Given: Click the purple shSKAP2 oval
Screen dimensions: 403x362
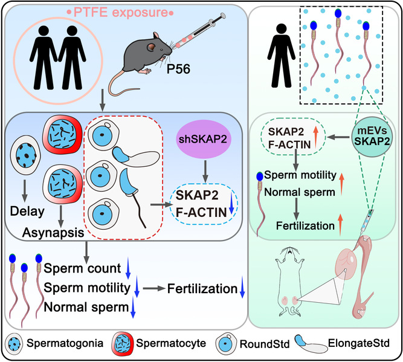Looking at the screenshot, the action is [203, 139].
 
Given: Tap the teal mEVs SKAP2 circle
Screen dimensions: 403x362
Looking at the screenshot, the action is [372, 137].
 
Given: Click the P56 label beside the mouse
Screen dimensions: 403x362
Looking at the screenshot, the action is [178, 69].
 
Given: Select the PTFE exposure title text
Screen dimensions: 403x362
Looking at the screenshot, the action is [120, 12].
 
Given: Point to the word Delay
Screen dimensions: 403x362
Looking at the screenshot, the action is [27, 212].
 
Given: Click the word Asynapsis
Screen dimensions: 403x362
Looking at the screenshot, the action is [53, 233].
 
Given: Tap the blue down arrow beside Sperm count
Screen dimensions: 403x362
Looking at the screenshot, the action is [128, 271].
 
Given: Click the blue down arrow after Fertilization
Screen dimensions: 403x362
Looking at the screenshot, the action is [242, 287].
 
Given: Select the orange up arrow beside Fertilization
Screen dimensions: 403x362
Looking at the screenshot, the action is [341, 225].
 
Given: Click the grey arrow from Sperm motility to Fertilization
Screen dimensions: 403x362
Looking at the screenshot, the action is [153, 288].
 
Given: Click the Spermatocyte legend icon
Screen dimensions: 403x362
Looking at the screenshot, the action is [123, 343].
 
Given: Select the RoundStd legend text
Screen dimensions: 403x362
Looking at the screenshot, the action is [265, 344].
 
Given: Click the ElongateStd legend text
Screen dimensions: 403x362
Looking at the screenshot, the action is [359, 343].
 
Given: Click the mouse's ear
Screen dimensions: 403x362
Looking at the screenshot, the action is [152, 47].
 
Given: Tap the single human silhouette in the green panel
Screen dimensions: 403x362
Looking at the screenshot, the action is [282, 56].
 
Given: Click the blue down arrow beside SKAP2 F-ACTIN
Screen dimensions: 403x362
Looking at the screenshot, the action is [231, 203].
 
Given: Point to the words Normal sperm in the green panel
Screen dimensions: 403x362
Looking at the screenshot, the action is [300, 192].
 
